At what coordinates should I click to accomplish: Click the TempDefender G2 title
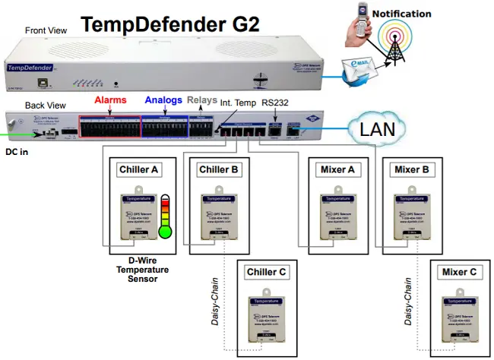[170, 22]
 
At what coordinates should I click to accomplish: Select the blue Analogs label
[163, 99]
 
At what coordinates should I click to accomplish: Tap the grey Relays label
[201, 99]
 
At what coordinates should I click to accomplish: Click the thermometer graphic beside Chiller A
[165, 216]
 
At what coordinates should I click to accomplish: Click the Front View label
[48, 30]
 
